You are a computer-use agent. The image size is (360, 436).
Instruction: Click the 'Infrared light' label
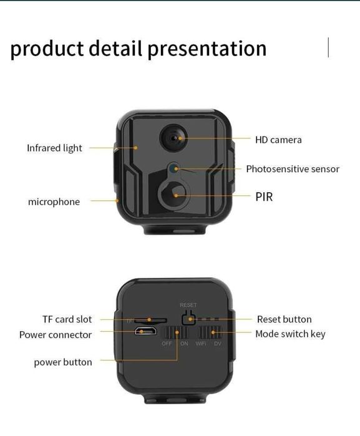(54, 148)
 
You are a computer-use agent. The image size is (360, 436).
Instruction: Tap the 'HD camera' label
(278, 140)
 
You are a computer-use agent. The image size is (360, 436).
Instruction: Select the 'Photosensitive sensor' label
(293, 169)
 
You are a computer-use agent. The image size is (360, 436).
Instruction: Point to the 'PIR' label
(264, 196)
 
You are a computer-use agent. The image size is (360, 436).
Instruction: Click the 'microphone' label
(54, 202)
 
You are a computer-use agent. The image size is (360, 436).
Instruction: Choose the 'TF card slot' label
(67, 319)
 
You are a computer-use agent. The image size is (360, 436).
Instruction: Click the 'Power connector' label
(56, 335)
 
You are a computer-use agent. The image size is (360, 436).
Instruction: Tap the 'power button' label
(62, 362)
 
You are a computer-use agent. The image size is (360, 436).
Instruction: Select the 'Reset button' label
(284, 319)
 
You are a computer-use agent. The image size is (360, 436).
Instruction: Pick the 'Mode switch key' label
(290, 334)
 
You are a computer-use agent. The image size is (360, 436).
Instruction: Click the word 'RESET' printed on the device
(188, 305)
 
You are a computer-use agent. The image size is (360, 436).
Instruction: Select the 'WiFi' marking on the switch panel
(201, 344)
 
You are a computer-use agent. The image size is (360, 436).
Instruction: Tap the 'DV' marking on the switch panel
(218, 344)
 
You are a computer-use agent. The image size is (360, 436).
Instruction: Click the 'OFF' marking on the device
(167, 344)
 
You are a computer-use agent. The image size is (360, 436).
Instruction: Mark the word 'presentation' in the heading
(208, 49)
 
